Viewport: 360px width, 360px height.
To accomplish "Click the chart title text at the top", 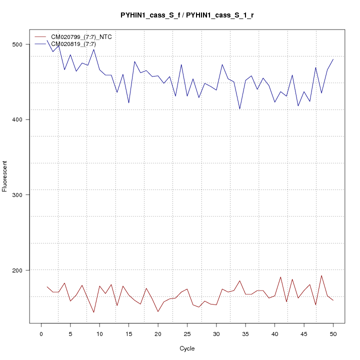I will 186,15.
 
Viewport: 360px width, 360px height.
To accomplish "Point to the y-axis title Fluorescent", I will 5,176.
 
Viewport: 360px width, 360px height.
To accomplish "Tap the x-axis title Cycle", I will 186,348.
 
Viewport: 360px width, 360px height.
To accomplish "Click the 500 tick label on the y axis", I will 17,44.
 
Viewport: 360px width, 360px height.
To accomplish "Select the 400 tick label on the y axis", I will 17,119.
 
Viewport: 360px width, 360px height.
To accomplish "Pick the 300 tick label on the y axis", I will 17,195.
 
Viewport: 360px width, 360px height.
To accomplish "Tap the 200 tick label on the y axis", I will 17,270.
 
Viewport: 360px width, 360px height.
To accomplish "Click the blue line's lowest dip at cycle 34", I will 239,109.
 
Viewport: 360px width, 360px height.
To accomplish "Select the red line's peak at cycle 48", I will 321,275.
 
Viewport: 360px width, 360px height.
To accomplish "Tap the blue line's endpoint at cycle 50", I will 333,59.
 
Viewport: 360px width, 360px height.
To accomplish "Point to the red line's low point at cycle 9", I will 93,312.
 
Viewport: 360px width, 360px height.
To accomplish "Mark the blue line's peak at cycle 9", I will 93,49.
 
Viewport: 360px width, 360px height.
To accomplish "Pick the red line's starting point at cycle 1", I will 47,286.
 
